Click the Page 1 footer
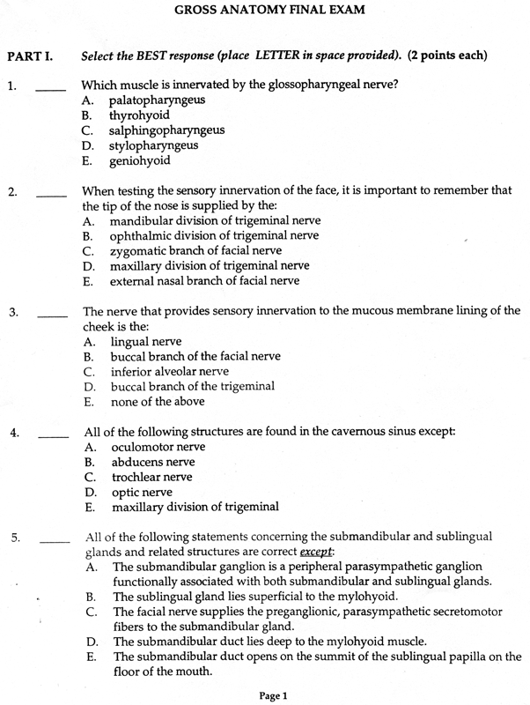[x=273, y=695]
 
